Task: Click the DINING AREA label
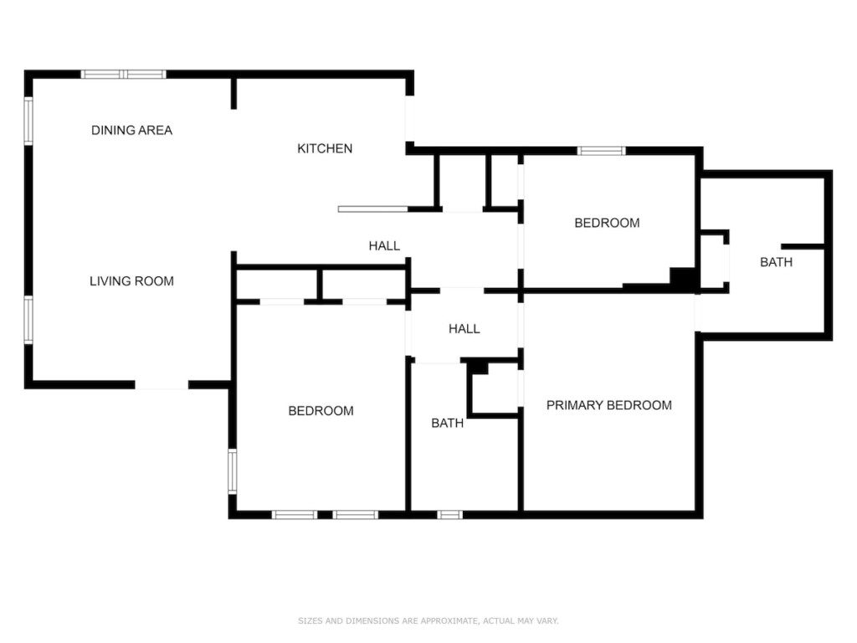tap(131, 130)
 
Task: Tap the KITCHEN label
tap(325, 148)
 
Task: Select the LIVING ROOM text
tap(131, 281)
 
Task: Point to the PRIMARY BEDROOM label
tap(609, 405)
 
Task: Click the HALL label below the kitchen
tap(384, 246)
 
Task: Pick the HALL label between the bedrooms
tap(464, 328)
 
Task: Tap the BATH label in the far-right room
tap(776, 262)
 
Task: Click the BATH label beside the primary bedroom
tap(447, 423)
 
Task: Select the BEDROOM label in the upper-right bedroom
tap(607, 223)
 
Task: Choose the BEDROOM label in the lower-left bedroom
tap(321, 410)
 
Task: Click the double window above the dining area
tap(124, 75)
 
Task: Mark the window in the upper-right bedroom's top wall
tap(601, 151)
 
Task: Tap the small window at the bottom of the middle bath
tap(449, 515)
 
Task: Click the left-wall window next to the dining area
tap(28, 121)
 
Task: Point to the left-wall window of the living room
tap(28, 320)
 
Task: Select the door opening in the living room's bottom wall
tap(162, 385)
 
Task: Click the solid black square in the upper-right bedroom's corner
tap(681, 277)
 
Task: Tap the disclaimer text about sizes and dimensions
tap(428, 620)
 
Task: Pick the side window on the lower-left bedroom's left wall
tap(233, 471)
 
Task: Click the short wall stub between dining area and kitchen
tap(234, 94)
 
